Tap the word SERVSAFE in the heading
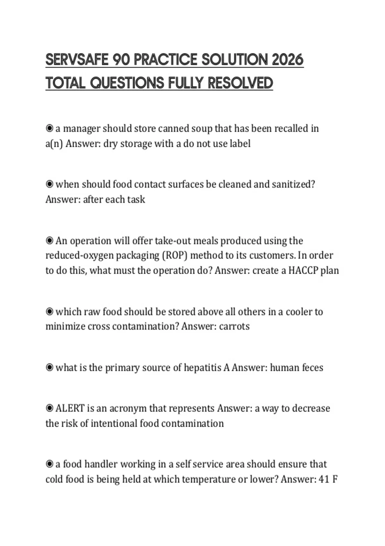coord(77,60)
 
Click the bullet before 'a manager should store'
coord(49,128)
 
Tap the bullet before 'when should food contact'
coord(49,184)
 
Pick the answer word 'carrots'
coord(234,326)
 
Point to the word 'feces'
coord(312,367)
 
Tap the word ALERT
coord(70,409)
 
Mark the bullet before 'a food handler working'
coord(49,464)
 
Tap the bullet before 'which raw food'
coord(49,312)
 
